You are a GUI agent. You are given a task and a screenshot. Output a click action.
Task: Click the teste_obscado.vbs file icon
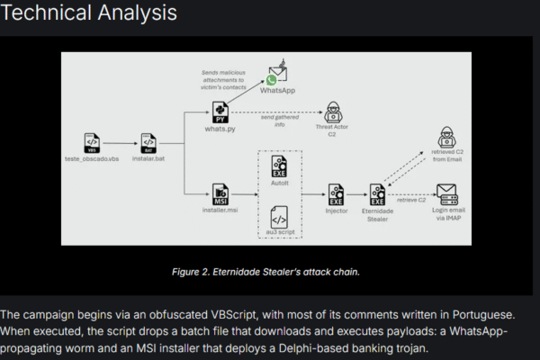point(91,142)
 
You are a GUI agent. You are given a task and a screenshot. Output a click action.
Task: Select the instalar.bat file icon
point(149,142)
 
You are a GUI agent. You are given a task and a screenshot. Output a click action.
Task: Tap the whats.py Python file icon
point(220,112)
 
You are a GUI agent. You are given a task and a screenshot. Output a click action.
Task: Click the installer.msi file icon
point(220,193)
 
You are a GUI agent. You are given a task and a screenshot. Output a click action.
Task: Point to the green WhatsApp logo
point(271,81)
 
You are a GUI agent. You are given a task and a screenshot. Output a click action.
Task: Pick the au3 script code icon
point(278,216)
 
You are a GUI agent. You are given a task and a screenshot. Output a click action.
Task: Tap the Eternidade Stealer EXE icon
point(379,193)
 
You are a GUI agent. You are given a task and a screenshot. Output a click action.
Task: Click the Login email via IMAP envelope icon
point(446,193)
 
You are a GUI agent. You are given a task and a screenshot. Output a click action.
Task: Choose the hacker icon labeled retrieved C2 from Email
point(446,139)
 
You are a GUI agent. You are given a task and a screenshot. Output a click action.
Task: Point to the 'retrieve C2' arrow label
point(411,200)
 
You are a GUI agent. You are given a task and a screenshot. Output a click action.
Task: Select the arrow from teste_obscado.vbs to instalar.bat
point(120,142)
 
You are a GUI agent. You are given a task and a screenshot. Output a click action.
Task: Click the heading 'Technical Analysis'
point(88,13)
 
